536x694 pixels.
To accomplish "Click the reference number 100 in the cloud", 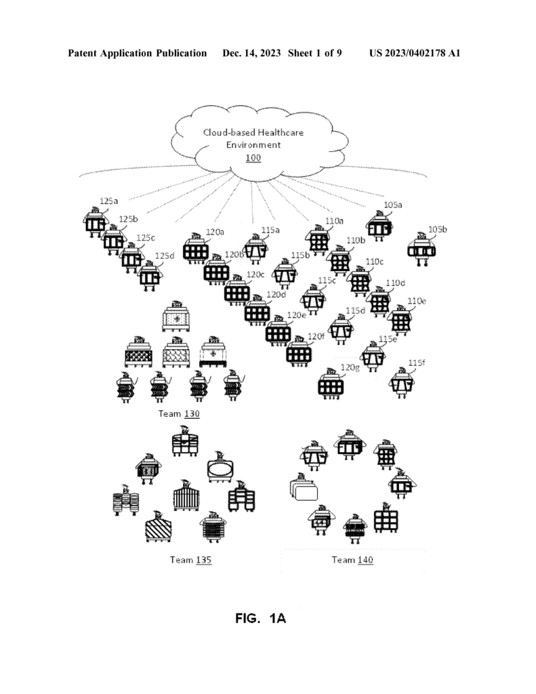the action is [x=253, y=158].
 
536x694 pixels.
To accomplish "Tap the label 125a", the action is [x=109, y=201].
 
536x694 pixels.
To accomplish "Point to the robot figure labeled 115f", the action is [x=403, y=382].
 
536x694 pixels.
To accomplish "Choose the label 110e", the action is [x=417, y=301].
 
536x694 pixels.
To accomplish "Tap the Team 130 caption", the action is [x=180, y=414].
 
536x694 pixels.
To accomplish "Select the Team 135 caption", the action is [x=191, y=560].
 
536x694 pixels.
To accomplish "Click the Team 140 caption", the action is [x=352, y=560].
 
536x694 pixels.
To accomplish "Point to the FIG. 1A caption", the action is [x=261, y=618].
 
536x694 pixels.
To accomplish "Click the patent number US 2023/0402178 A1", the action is [x=415, y=53].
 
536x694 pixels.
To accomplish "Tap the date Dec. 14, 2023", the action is [x=251, y=53].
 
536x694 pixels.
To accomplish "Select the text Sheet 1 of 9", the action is [x=314, y=53].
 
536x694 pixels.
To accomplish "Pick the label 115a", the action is [x=270, y=230].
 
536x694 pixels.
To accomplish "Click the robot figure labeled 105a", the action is [x=379, y=226].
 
